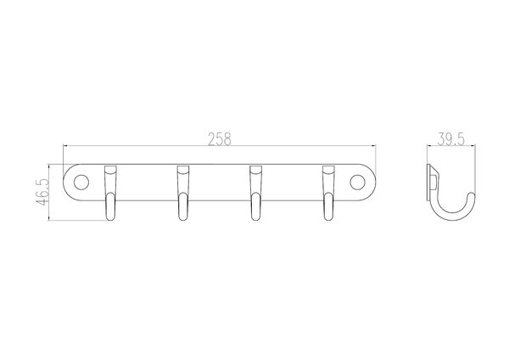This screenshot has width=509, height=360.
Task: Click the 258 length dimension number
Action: coord(220,139)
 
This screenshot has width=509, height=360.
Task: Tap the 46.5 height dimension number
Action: coord(42,192)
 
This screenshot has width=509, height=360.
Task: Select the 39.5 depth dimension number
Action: coord(451,139)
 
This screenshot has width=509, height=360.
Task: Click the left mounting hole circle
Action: coord(81,183)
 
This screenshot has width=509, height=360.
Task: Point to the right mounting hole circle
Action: coord(357,183)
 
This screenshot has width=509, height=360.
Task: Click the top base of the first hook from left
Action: coord(110,171)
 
